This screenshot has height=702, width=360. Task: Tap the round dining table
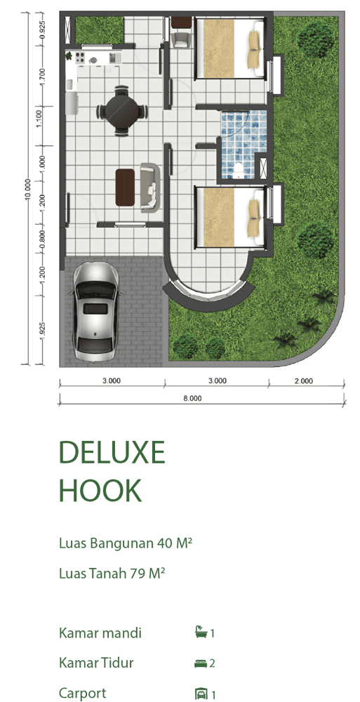122,111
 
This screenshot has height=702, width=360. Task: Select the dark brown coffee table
125,187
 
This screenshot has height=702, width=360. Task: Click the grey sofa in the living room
149,187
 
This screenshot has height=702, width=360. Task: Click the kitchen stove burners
80,58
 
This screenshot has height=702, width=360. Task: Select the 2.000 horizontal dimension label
304,381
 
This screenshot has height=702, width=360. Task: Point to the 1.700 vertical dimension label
43,77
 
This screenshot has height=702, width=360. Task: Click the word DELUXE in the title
112,452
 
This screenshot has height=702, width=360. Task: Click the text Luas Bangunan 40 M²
126,543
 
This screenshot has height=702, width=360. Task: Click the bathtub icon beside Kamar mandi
200,633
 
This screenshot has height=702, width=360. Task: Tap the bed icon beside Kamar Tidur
200,663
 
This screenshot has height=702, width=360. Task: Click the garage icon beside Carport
200,694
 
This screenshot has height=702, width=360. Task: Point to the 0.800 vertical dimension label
43,240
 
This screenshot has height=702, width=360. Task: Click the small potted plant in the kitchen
69,56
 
